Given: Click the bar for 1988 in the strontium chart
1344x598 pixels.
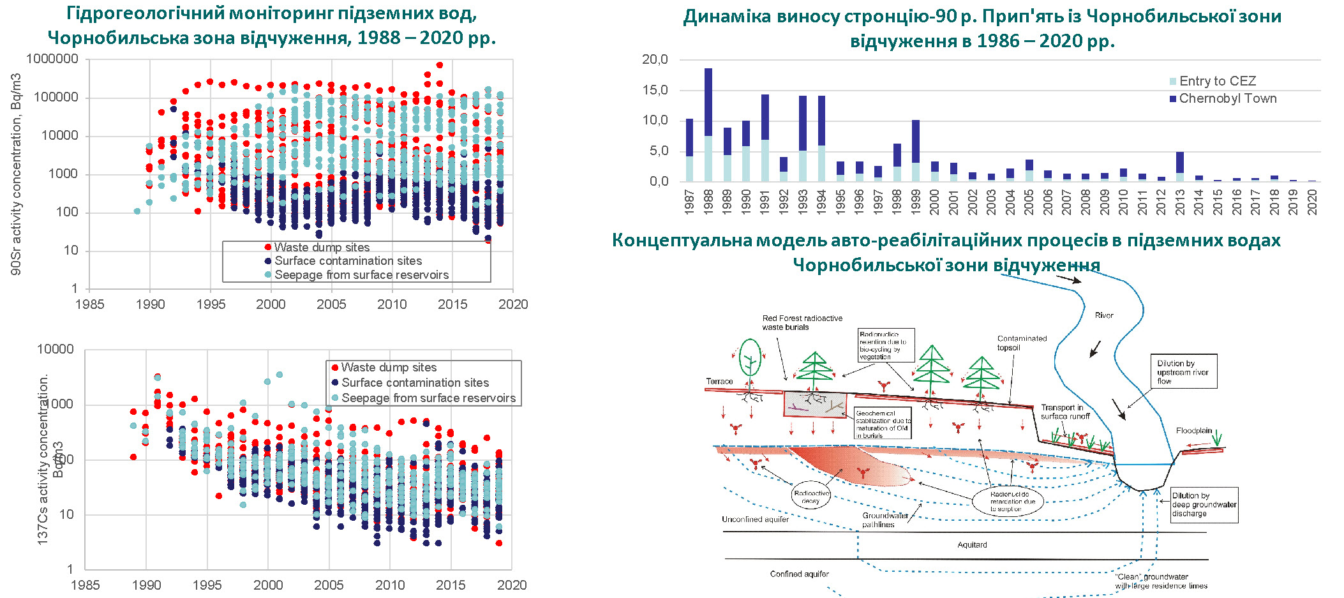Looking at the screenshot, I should pos(708,124).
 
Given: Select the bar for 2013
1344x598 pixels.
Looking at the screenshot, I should pos(1180,167).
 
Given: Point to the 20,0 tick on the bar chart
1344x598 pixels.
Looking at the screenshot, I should pos(655,59).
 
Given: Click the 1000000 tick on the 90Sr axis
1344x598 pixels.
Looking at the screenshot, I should pos(52,59).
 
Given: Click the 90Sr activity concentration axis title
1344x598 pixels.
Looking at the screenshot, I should pos(16,174).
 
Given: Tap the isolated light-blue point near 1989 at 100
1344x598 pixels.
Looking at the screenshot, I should pos(137,211).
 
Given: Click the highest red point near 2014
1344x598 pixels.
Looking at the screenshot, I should pos(439,65).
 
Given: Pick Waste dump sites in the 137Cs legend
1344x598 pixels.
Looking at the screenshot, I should pos(389,368).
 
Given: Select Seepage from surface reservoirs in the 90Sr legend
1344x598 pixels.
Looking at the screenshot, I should pos(361,275).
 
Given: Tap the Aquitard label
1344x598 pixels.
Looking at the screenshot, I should pos(972,545).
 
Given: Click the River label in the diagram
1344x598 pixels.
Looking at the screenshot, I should pos(1103,315).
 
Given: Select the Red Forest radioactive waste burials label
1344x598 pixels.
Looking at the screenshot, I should pos(802,323).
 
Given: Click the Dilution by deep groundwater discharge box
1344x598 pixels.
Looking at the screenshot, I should pos(1204,505).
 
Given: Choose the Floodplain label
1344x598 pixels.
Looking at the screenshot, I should pos(1193,431).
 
